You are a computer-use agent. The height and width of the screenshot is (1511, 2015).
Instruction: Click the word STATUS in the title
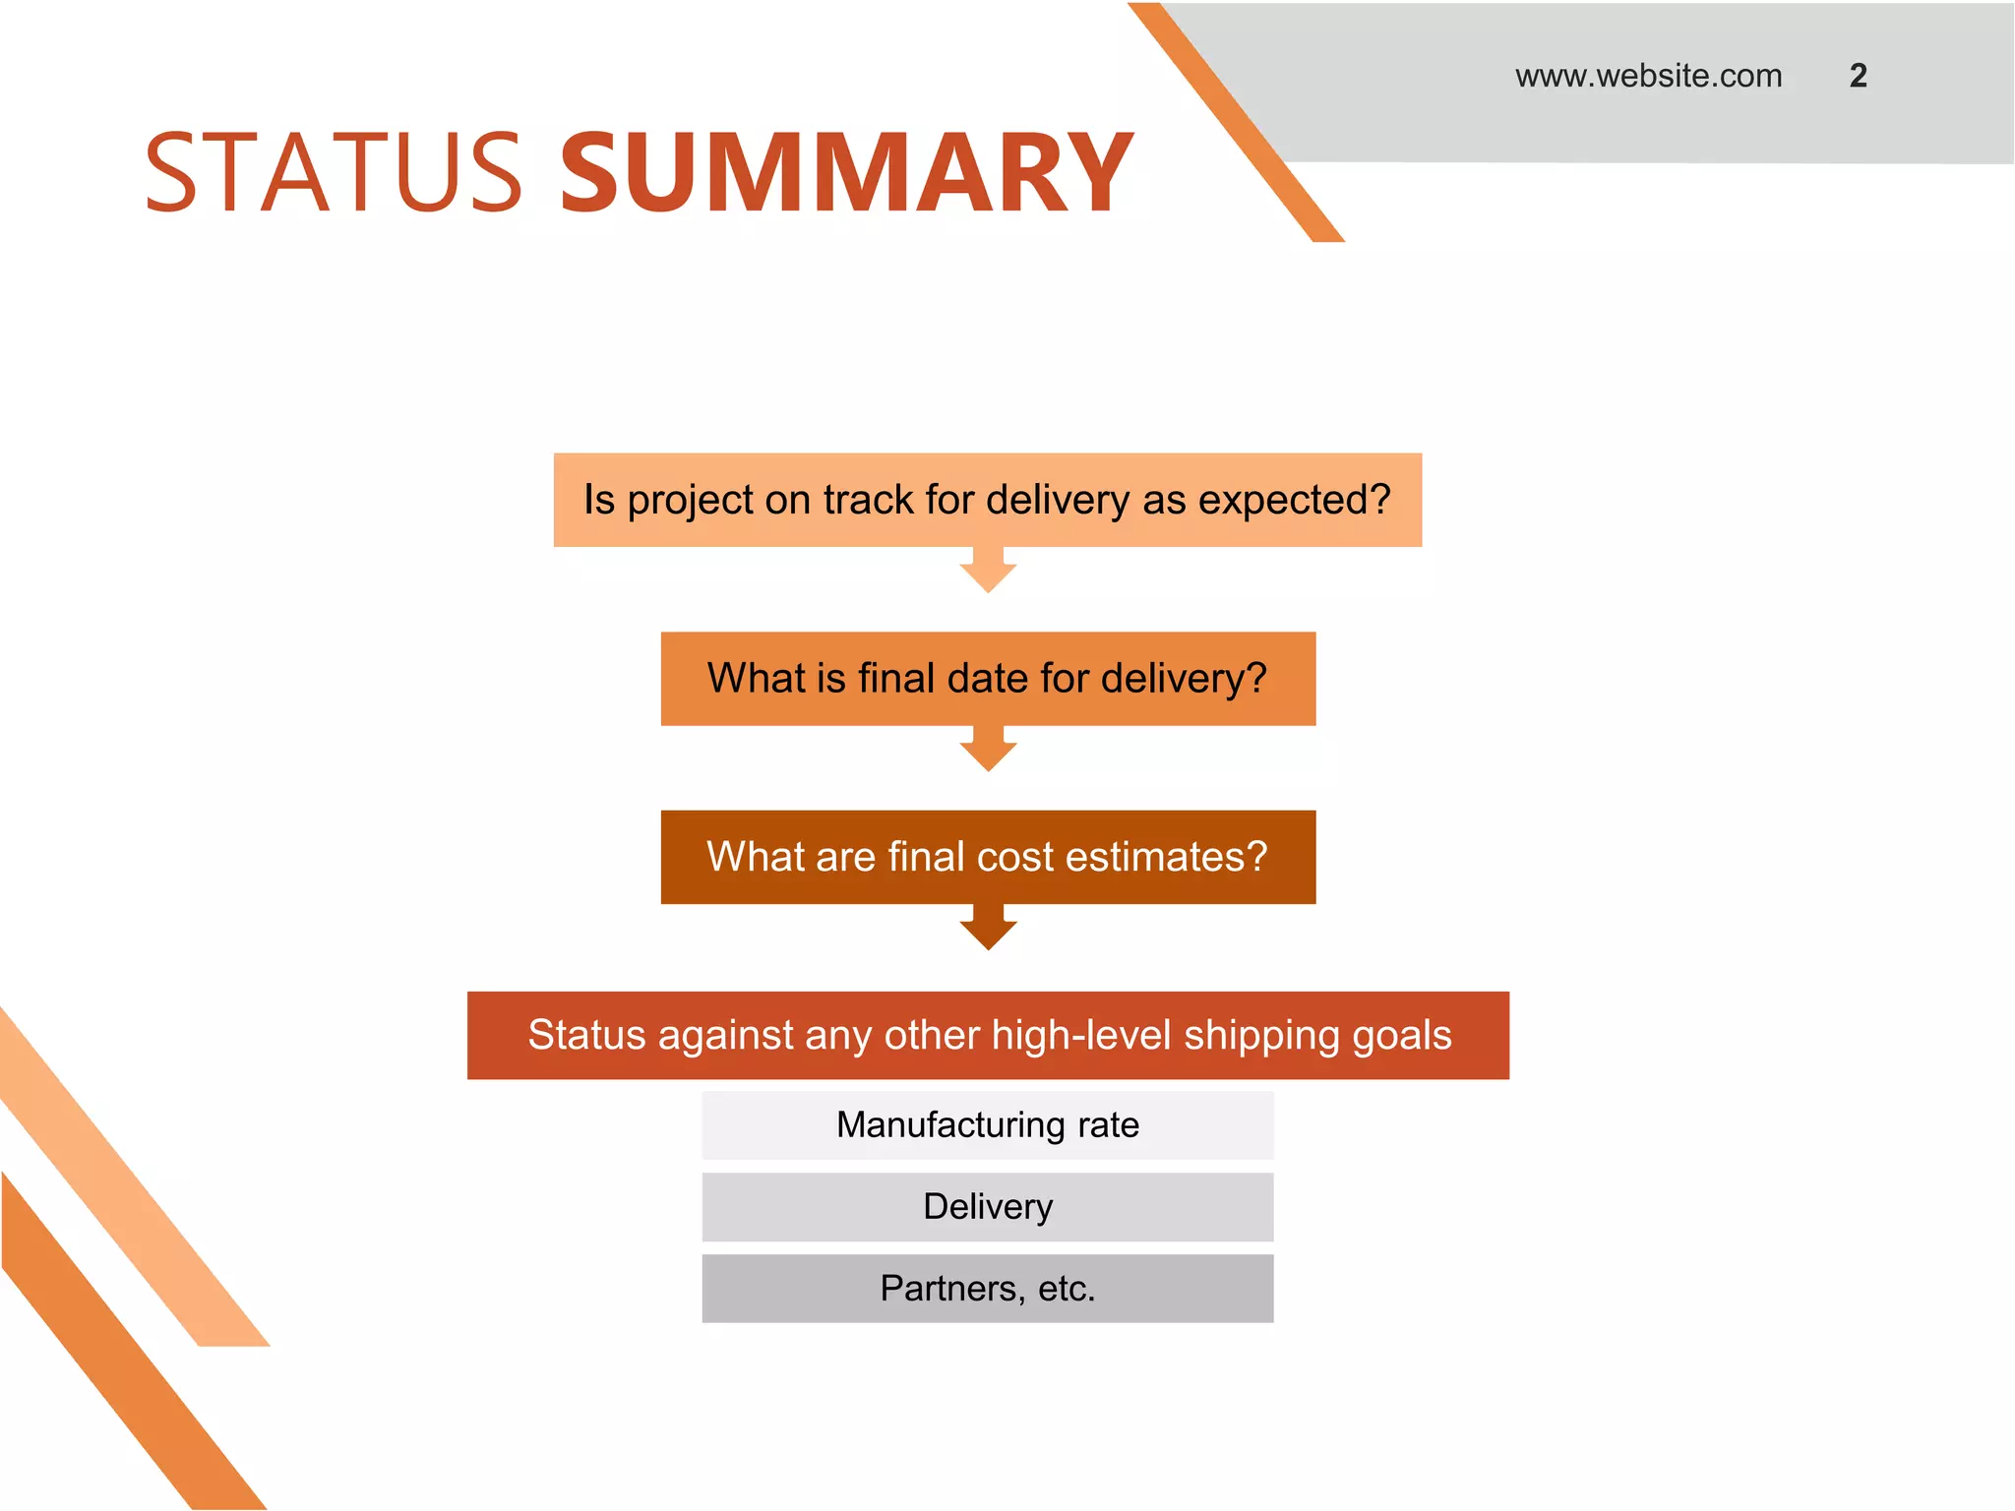coord(333,173)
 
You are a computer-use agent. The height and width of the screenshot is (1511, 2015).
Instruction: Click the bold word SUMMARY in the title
coord(846,173)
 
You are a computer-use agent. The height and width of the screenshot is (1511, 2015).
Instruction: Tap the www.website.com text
coord(1648,76)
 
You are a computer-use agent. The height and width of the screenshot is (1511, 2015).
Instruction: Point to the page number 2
coord(1858,76)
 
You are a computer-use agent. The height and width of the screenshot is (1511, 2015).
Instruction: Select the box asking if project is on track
coord(987,500)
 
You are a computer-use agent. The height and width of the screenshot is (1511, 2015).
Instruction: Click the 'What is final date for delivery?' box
coord(987,679)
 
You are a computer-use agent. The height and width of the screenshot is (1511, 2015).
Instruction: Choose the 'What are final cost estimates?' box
coord(987,857)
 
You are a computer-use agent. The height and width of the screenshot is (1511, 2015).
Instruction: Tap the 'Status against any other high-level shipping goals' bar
coord(987,1035)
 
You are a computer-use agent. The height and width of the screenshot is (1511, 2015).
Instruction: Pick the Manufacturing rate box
coord(987,1124)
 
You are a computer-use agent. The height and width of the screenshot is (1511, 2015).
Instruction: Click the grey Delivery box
coord(987,1206)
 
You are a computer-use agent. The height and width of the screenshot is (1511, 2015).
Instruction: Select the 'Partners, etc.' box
coord(987,1288)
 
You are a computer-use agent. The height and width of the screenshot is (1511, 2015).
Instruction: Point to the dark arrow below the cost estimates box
coord(988,929)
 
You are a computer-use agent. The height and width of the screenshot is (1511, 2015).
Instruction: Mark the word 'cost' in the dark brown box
coord(1016,857)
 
